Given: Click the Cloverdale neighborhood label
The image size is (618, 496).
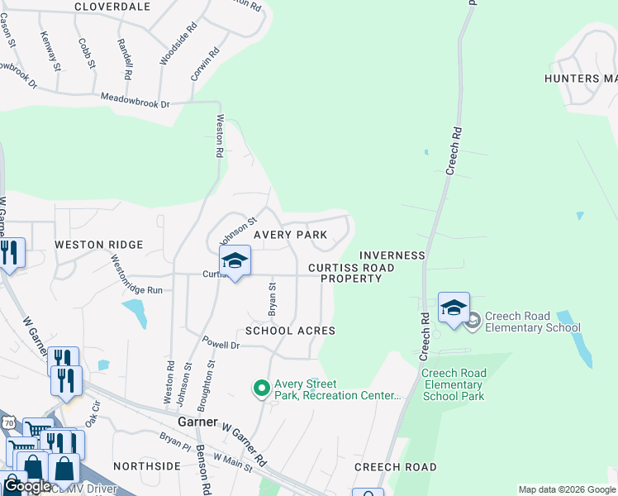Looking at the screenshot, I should coord(112,7).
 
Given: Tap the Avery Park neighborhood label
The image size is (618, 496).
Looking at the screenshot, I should coord(285,235).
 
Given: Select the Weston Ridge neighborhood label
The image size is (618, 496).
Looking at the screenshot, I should coord(99,245).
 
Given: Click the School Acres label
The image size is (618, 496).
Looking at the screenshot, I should coord(290,331).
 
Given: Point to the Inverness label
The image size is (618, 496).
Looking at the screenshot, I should coord(392,256).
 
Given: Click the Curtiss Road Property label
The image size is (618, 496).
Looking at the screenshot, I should coord(351,274).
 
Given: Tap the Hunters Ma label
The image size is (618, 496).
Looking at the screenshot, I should coord(581,79).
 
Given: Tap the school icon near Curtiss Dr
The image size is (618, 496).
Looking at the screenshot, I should coord(235,260).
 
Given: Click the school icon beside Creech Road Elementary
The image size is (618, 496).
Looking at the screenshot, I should coord(454,308).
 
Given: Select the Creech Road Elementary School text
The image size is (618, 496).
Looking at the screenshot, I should coord(532,322).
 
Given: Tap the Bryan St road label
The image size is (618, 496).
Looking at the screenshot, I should coord(272,298).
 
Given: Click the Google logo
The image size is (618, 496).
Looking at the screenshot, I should coord(26,486).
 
